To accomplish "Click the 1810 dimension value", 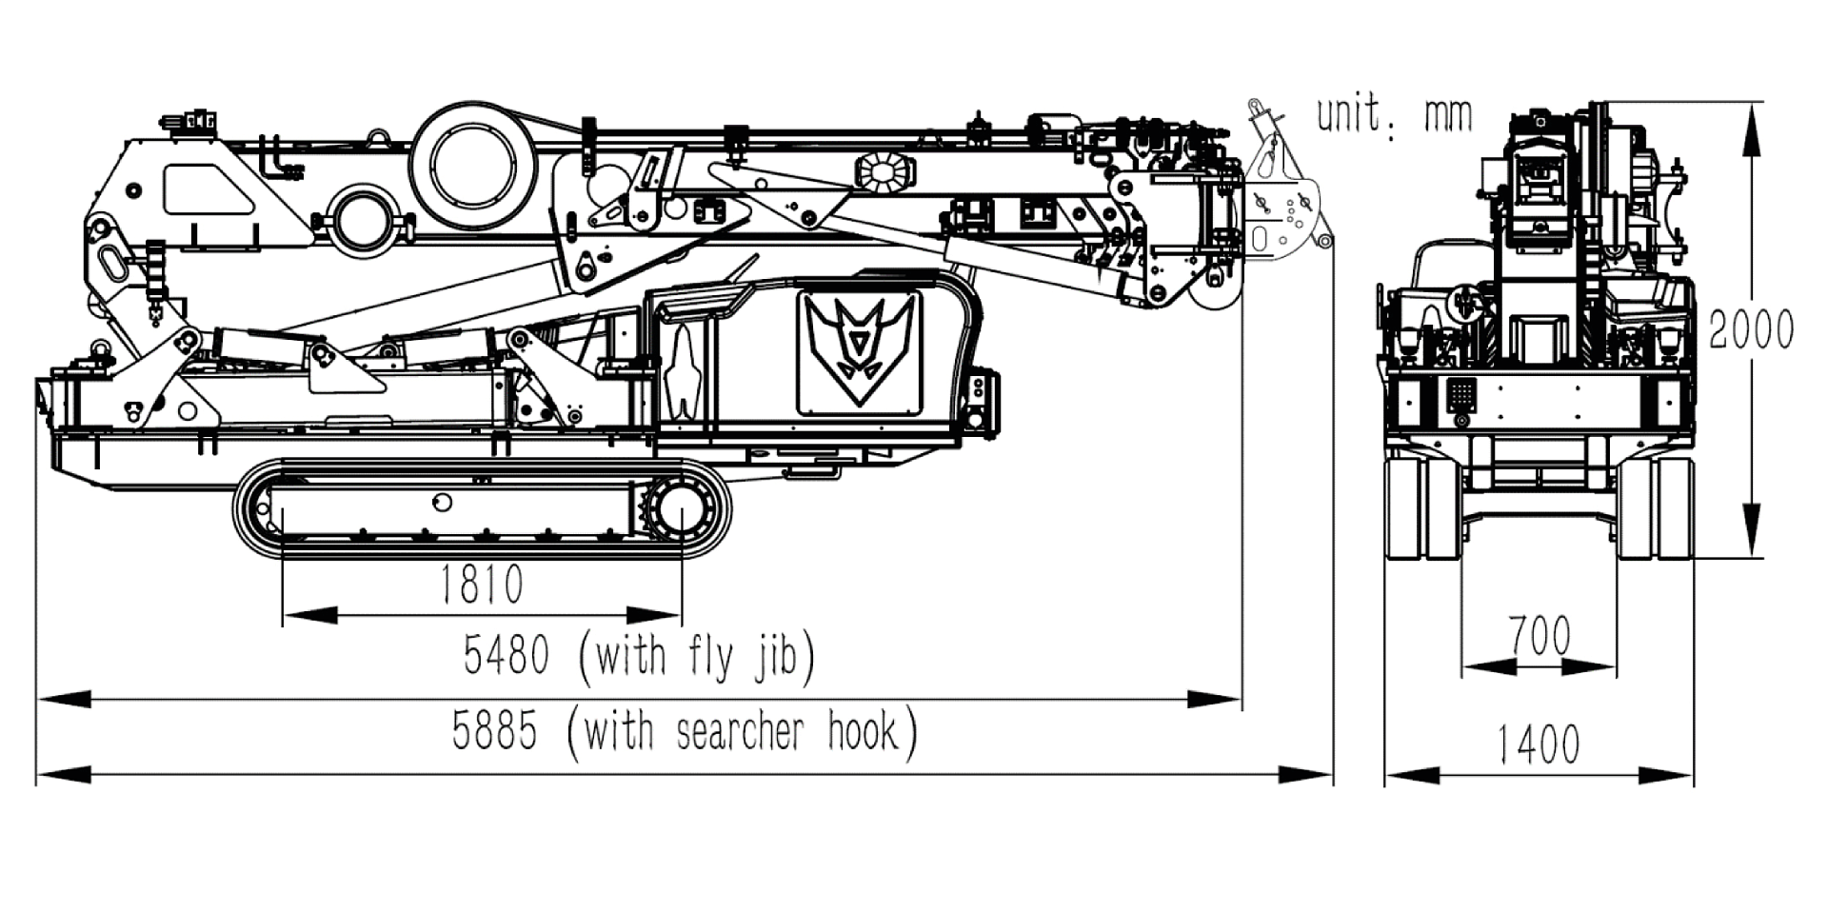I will (482, 586).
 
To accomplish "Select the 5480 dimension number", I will (507, 655).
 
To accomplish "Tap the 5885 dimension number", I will (494, 732).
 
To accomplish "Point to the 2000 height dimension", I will (1751, 329).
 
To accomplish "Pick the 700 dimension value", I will (1540, 636).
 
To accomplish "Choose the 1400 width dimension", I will (1539, 744).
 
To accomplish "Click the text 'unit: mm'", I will (1394, 116).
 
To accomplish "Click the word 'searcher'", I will (740, 732).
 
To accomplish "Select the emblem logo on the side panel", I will (860, 349).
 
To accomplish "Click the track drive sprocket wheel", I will (682, 511).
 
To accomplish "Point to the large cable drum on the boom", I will (468, 160).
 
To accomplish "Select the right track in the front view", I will (1658, 509).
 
